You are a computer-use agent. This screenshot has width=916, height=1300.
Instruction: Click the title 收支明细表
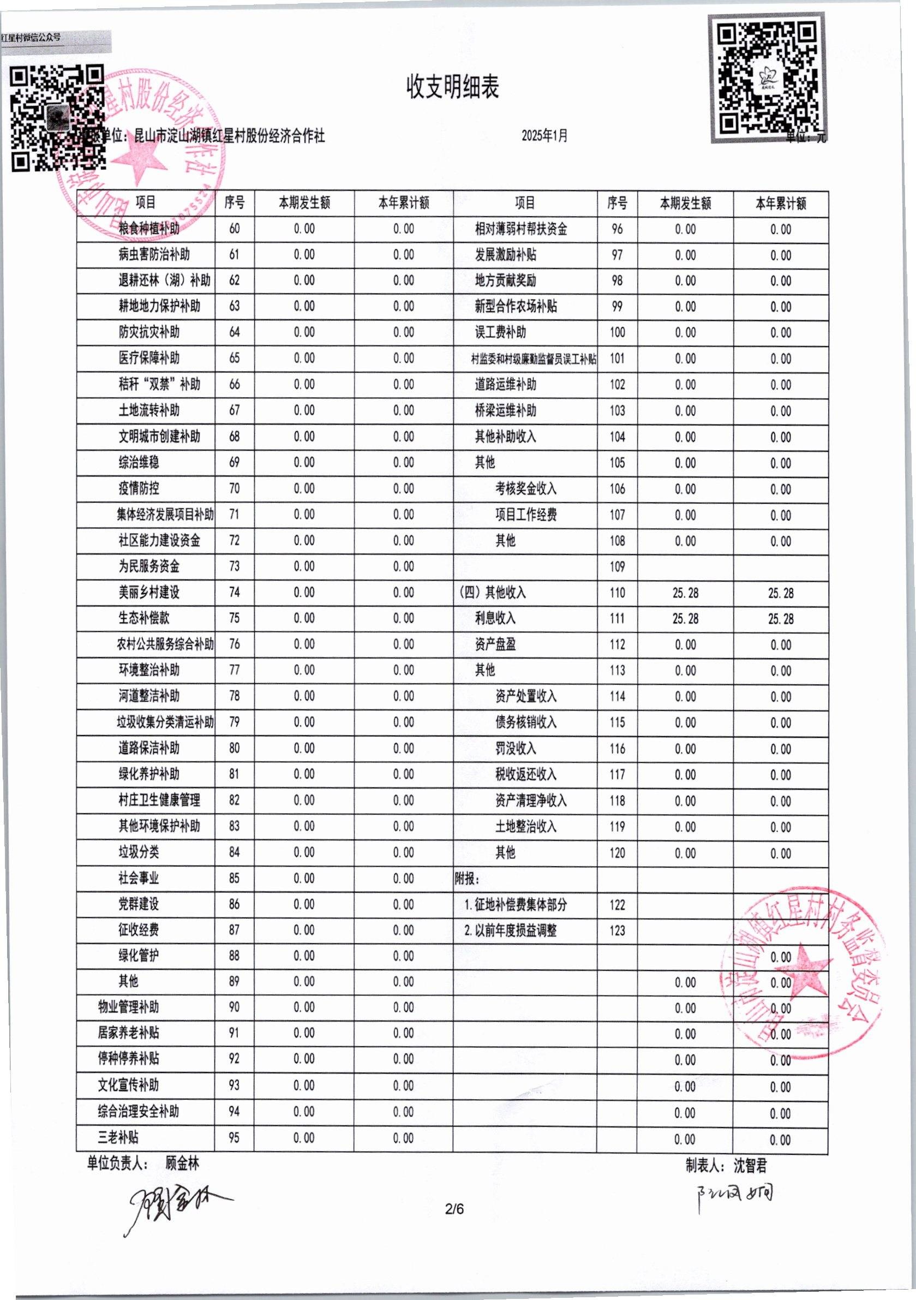[452, 88]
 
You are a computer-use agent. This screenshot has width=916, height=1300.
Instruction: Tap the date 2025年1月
[544, 136]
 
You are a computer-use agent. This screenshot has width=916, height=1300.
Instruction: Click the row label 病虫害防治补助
[154, 255]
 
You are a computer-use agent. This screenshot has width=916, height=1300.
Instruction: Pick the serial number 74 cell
[235, 592]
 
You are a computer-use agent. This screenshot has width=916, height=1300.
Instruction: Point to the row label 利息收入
[495, 618]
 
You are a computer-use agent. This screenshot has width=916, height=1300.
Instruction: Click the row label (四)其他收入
[492, 592]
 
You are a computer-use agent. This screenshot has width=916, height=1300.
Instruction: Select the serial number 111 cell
[617, 619]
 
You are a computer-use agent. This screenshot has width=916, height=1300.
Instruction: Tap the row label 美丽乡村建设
[149, 592]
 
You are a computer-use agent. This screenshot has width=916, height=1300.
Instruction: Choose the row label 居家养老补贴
[129, 1033]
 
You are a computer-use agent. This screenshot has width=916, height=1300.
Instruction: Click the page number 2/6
[454, 1209]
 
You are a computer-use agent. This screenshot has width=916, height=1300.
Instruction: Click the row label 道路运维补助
[506, 384]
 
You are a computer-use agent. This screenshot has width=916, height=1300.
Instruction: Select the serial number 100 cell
[617, 332]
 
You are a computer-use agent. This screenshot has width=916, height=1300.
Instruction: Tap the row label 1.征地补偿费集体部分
[515, 905]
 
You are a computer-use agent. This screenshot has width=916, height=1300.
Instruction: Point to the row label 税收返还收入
[526, 774]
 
